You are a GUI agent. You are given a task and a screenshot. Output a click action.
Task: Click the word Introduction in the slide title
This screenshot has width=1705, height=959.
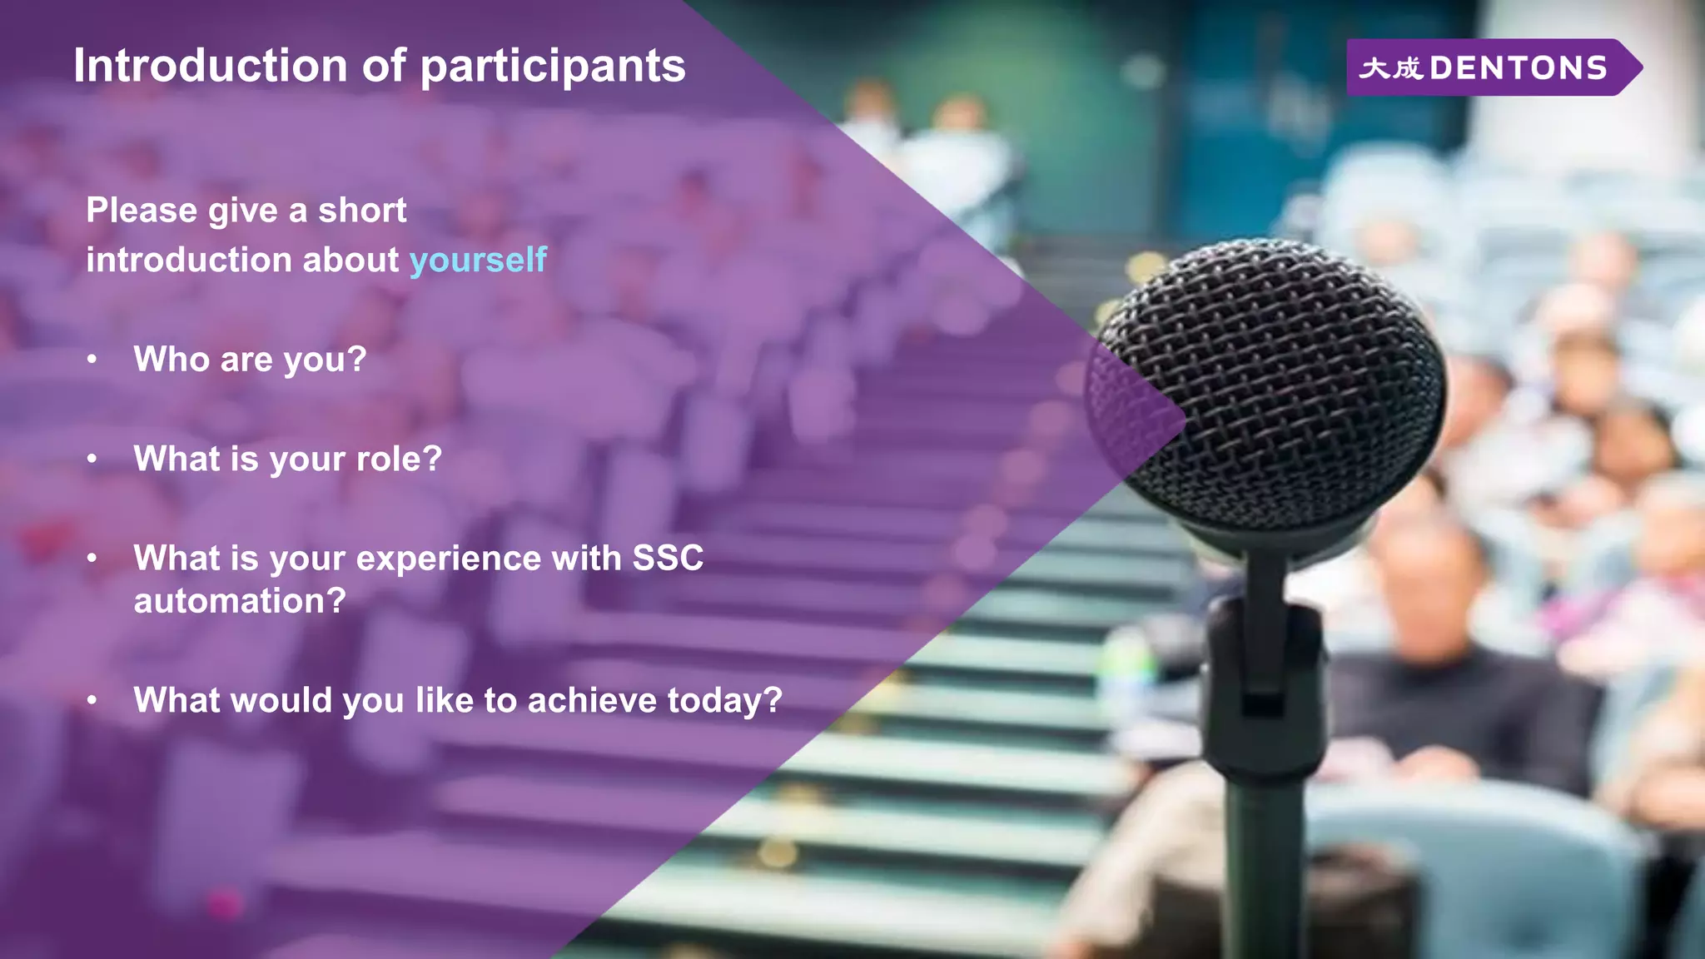tap(211, 66)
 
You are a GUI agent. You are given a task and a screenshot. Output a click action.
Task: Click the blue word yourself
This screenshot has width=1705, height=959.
tap(478, 261)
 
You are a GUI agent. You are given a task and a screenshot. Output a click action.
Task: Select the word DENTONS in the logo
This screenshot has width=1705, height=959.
tap(1518, 68)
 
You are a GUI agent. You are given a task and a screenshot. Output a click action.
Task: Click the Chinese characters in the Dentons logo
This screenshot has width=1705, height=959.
tap(1390, 68)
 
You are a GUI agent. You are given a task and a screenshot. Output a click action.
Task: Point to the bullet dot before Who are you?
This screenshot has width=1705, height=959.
tap(92, 360)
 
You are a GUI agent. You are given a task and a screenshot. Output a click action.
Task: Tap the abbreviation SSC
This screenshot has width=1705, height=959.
tap(668, 559)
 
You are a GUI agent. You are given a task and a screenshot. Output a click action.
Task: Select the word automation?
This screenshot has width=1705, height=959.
tap(240, 601)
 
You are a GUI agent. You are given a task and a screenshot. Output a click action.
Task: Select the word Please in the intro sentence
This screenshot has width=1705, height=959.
tap(142, 211)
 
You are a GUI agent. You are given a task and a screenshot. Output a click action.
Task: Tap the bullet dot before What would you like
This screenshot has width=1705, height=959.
tap(92, 701)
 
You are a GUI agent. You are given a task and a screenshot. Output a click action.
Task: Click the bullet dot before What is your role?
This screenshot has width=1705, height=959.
tap(92, 459)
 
